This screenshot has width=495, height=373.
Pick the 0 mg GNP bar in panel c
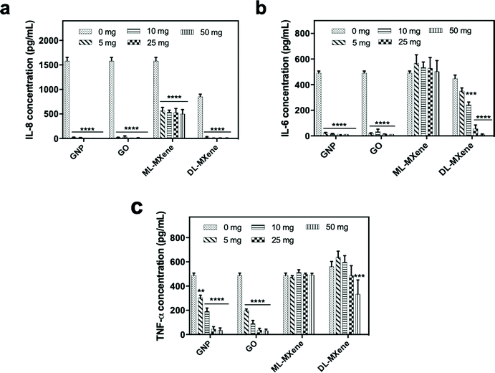click(193, 305)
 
